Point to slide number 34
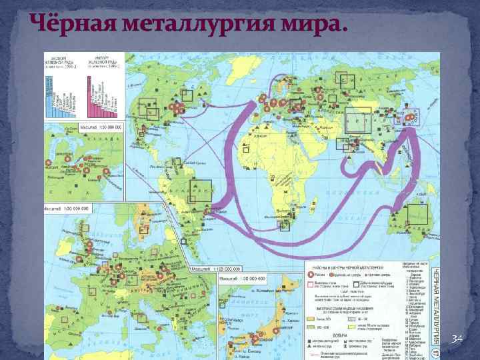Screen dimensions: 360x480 [455, 341]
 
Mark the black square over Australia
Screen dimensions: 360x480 [417, 213]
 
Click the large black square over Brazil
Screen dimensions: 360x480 [201, 192]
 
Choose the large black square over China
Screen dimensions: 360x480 [362, 123]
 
